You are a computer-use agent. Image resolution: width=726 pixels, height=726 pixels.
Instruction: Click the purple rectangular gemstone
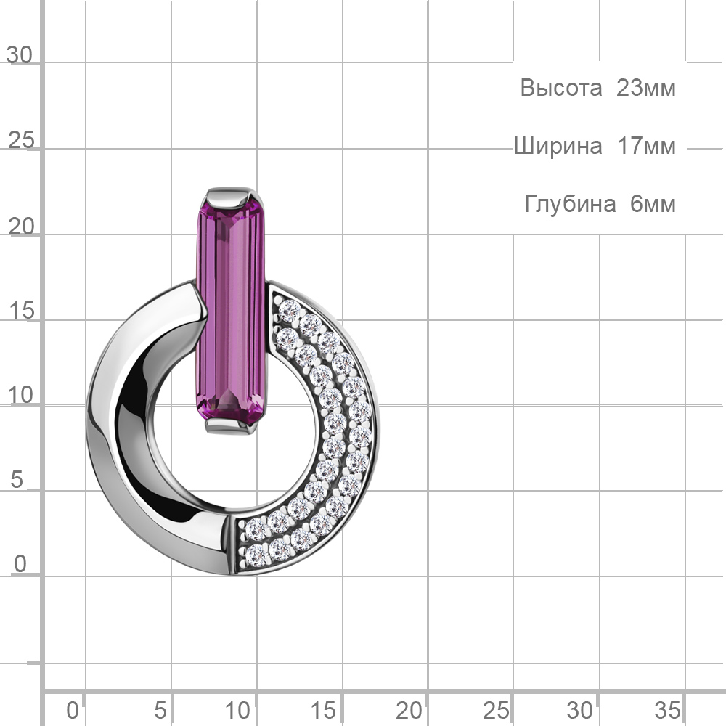tap(231, 312)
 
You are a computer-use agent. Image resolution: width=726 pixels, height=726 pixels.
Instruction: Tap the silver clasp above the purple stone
tap(231, 197)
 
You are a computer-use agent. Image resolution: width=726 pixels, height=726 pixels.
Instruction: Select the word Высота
tap(560, 88)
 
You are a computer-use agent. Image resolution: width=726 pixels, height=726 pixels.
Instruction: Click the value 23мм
tap(646, 88)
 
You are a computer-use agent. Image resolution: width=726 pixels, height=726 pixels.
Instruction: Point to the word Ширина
tap(558, 146)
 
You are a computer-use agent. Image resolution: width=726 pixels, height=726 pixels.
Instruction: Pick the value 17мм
tap(646, 146)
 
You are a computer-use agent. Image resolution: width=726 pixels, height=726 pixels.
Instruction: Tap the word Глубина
tap(570, 204)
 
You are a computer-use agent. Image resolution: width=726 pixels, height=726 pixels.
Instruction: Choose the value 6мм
tap(653, 204)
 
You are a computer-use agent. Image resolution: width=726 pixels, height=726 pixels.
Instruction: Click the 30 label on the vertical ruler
tap(20, 55)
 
